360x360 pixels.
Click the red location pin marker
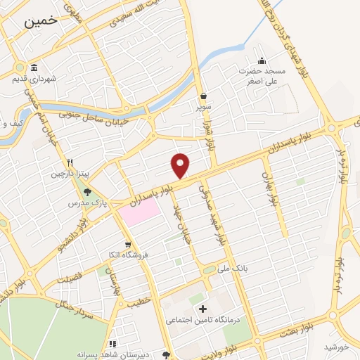[181, 165]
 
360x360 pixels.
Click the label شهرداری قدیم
[33, 79]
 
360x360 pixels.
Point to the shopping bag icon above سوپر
[203, 96]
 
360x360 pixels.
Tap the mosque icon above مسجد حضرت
[262, 60]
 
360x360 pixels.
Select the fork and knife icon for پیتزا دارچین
[69, 161]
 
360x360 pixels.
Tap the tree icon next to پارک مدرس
[87, 191]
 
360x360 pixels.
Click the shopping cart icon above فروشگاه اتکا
[127, 245]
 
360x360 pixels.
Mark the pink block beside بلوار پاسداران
[139, 210]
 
